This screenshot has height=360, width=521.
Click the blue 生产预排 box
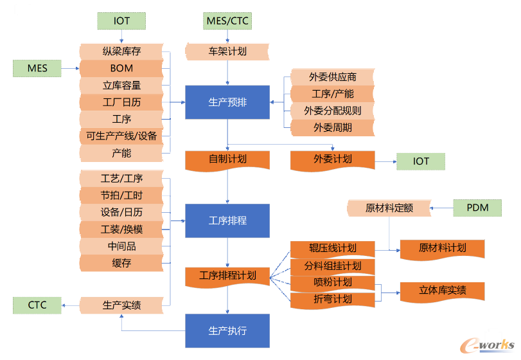click(x=227, y=102)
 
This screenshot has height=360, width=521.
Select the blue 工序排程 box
click(x=227, y=221)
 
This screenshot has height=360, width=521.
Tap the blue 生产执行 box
click(x=227, y=330)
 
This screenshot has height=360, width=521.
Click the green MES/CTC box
click(x=227, y=21)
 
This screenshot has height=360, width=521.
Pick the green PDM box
click(x=478, y=208)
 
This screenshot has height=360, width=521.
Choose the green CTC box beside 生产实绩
click(x=37, y=305)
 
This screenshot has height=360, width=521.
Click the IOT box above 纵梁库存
click(x=121, y=21)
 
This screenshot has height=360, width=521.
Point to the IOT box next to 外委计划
click(x=421, y=161)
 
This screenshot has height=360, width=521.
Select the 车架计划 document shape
click(x=227, y=51)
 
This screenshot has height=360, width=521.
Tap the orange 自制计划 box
click(x=227, y=159)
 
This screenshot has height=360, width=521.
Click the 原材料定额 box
click(x=389, y=208)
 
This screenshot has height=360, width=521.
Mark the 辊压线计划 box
click(x=332, y=248)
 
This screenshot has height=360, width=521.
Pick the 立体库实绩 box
click(x=442, y=291)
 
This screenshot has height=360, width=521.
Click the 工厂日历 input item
click(x=121, y=102)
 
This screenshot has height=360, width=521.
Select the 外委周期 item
click(x=332, y=127)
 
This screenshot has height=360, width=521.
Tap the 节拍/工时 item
click(x=121, y=195)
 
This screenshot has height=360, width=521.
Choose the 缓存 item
click(x=121, y=262)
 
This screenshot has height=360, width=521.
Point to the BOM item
click(x=121, y=67)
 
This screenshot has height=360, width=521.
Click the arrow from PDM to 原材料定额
click(x=441, y=208)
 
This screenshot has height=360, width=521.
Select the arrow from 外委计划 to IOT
click(x=385, y=161)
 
